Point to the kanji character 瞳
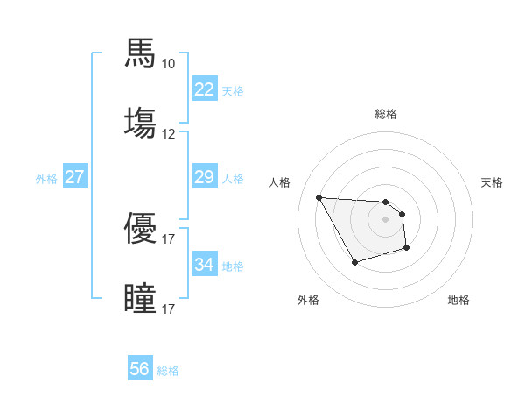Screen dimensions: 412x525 point(141,298)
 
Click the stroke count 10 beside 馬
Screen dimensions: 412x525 point(168,64)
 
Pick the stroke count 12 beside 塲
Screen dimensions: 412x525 point(168,134)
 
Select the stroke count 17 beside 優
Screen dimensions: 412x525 point(168,238)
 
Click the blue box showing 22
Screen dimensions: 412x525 point(205,89)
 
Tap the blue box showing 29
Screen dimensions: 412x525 point(205,177)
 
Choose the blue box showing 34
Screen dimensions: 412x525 point(205,265)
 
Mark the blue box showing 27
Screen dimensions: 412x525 point(74,177)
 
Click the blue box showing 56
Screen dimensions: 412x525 point(140,369)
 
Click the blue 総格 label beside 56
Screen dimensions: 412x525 point(168,371)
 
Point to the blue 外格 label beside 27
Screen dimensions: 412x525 point(46,179)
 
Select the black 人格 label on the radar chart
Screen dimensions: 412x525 point(281,182)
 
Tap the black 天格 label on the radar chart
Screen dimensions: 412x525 point(493,182)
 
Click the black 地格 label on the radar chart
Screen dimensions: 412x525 point(458,301)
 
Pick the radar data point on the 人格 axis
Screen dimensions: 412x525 point(318,197)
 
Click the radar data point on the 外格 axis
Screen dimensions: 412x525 point(354,262)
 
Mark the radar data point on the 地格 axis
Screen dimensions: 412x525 point(407,249)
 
